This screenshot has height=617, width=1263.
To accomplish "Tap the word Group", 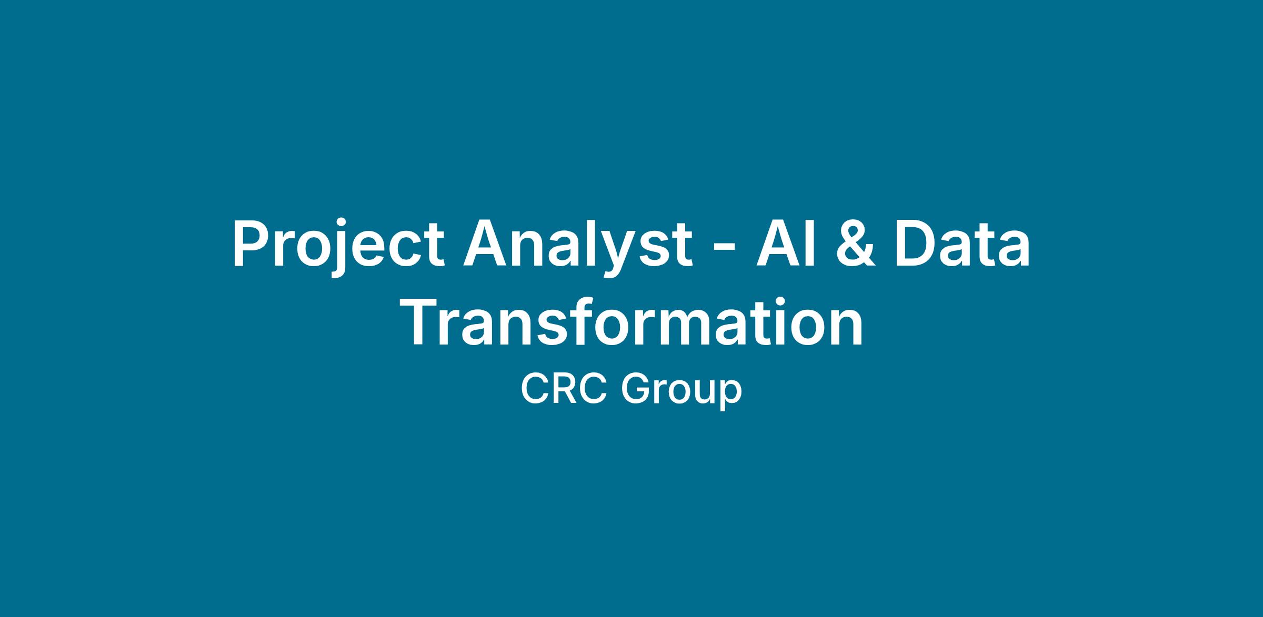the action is point(681,392).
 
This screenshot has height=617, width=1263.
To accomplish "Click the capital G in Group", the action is point(636,389).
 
